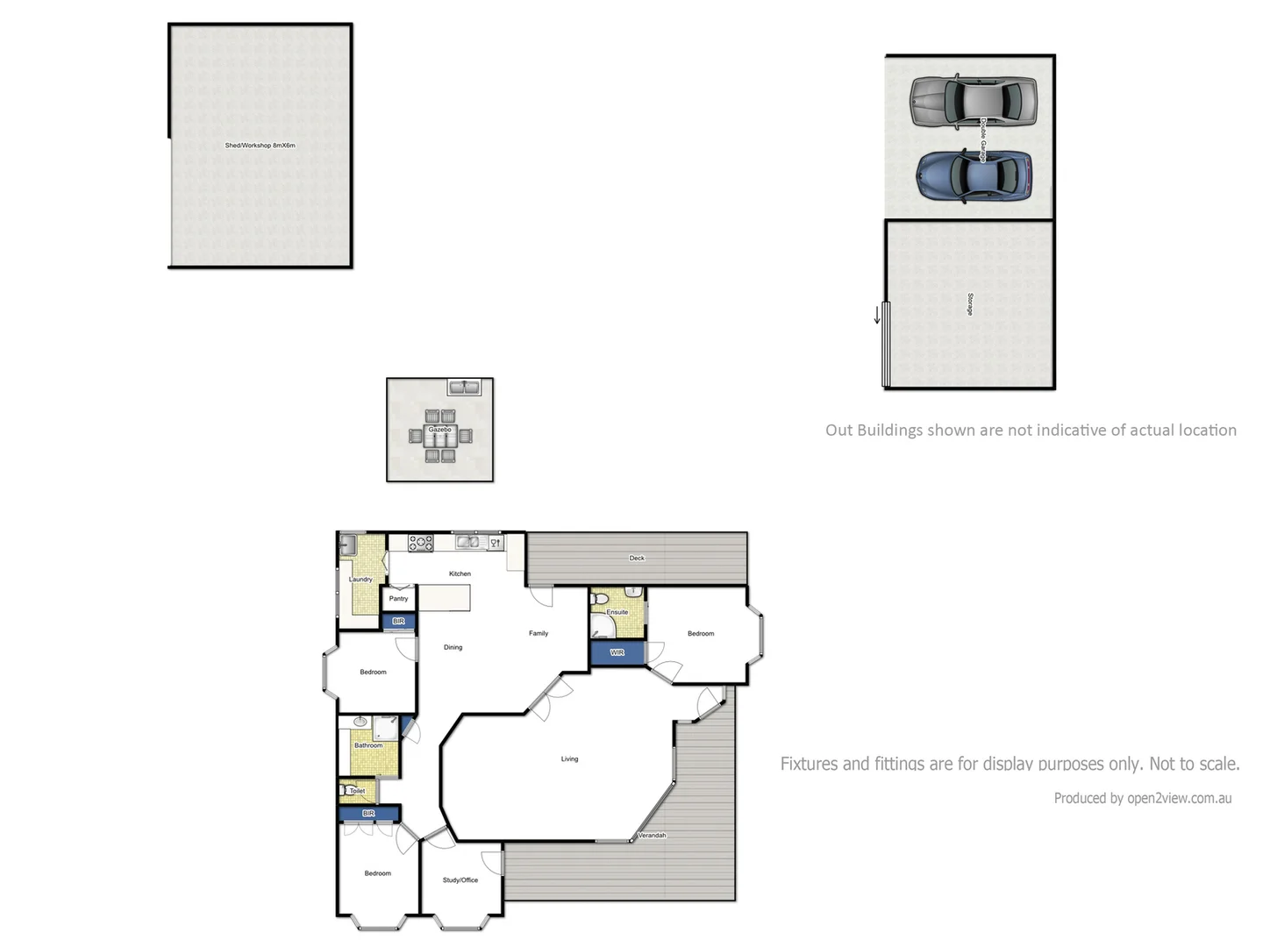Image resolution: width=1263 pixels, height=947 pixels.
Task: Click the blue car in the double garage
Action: pos(974,175)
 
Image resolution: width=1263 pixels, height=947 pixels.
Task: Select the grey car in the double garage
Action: pos(973,102)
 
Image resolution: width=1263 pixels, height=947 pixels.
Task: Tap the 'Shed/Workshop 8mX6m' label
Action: pos(260,146)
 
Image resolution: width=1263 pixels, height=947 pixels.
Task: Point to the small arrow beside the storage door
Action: pos(876,314)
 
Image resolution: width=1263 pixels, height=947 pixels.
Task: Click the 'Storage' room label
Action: pos(969,304)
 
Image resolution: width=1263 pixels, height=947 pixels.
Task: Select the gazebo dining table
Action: pos(439,435)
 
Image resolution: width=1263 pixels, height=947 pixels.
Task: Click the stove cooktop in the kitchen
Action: pos(421,543)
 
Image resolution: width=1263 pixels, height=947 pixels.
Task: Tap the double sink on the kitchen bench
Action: pos(467,542)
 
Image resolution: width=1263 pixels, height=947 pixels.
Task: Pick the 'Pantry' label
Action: pos(398,599)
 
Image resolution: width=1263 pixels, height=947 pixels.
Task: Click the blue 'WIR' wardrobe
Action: pos(617,652)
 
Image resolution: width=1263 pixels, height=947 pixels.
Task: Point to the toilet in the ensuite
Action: pos(601,599)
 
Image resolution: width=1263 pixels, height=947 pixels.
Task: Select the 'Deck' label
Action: pos(637,558)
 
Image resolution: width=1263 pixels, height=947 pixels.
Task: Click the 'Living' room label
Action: pos(569,758)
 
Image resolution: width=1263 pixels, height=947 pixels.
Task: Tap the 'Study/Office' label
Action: pos(460,879)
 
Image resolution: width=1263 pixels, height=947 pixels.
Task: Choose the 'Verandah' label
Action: pos(652,836)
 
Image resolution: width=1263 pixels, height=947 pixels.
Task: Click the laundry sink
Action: pos(347,545)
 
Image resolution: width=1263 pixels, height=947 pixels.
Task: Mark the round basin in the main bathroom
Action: pos(360,722)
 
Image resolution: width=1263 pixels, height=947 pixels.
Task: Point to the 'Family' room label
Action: pos(539,633)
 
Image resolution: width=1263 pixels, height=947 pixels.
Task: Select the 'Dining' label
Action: pos(453,647)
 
